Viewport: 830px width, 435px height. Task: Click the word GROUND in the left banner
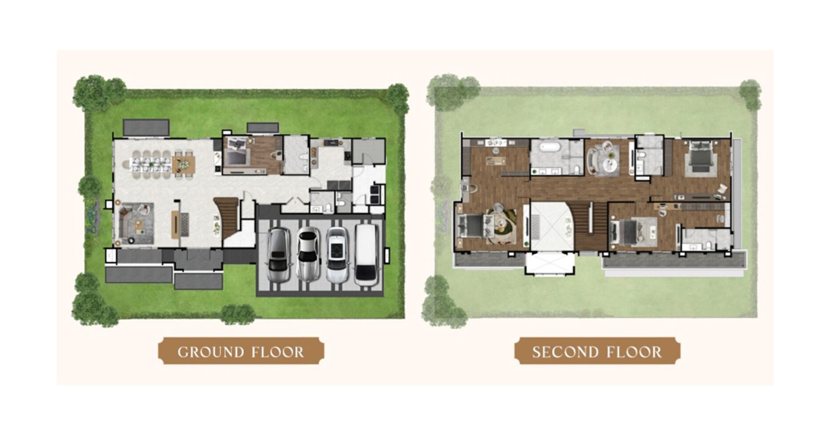coord(211,352)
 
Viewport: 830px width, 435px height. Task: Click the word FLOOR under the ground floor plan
coord(278,352)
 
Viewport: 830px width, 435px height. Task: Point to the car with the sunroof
coord(337,254)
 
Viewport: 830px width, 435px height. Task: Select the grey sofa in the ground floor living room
coord(128,223)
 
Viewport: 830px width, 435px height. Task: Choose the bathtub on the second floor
coord(551,147)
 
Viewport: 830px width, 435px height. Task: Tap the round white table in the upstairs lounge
coord(610,165)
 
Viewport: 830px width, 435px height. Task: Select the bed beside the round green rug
coord(470,227)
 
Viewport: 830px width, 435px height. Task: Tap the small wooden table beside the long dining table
coord(184,165)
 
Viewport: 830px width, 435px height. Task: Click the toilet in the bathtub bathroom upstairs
coord(577,170)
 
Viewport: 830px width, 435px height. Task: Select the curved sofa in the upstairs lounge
coord(592,160)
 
